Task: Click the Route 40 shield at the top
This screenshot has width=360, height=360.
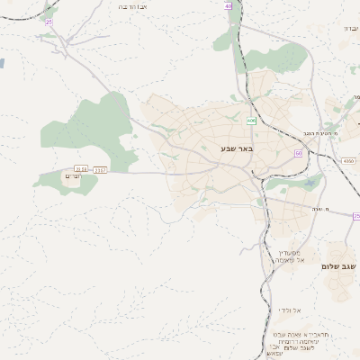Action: [x=228, y=6]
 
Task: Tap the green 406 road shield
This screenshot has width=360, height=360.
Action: [x=250, y=120]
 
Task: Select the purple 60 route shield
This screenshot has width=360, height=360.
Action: [x=298, y=153]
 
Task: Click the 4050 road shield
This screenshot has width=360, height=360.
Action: [x=348, y=161]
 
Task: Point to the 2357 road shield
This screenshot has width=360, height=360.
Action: [x=100, y=169]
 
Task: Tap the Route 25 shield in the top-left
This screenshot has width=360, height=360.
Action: [x=49, y=21]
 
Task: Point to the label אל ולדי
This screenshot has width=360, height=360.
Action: [x=290, y=310]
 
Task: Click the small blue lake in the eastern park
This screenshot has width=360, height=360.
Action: [x=310, y=183]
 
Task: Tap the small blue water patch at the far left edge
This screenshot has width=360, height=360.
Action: [x=2, y=64]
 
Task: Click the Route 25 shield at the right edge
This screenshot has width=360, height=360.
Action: [x=356, y=216]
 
